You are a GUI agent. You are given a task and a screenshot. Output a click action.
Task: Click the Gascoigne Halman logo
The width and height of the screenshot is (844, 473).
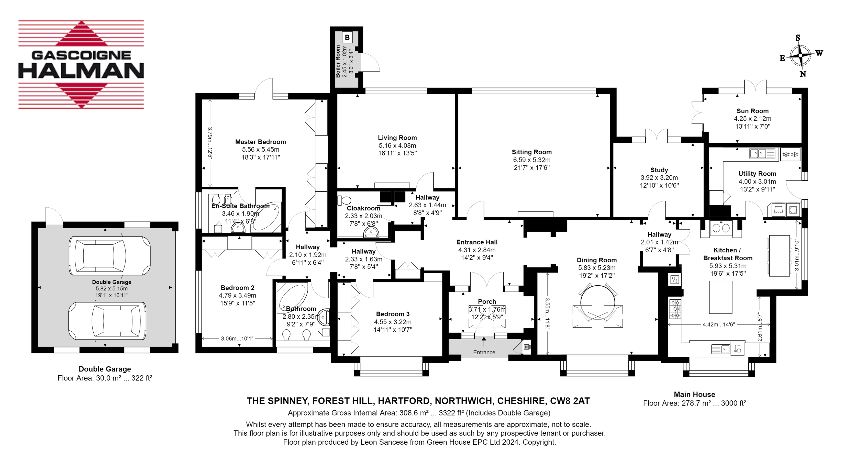tap(81, 64)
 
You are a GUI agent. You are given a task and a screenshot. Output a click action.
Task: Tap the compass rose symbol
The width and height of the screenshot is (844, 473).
tap(801, 56)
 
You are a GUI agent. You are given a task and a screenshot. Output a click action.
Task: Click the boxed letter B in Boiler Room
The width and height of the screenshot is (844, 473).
tap(347, 37)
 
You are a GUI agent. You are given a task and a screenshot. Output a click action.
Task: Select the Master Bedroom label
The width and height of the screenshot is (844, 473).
tap(260, 142)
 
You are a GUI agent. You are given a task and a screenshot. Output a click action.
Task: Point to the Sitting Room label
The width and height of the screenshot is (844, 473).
tap(532, 152)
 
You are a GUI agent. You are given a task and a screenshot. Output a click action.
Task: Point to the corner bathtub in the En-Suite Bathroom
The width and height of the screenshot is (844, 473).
tap(266, 217)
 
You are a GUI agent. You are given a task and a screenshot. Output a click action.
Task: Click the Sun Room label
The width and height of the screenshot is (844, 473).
tap(753, 111)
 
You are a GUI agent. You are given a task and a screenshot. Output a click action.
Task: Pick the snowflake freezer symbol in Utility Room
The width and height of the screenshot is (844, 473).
tap(790, 154)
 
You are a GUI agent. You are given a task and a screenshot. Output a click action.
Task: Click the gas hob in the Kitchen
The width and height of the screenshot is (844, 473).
tap(675, 309)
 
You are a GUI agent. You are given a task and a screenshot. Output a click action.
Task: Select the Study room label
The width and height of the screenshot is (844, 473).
tap(659, 170)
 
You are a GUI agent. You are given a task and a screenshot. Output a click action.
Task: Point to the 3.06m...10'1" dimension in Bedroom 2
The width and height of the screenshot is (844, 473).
tap(237, 338)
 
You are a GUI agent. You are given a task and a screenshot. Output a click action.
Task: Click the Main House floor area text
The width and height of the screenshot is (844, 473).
tap(695, 403)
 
